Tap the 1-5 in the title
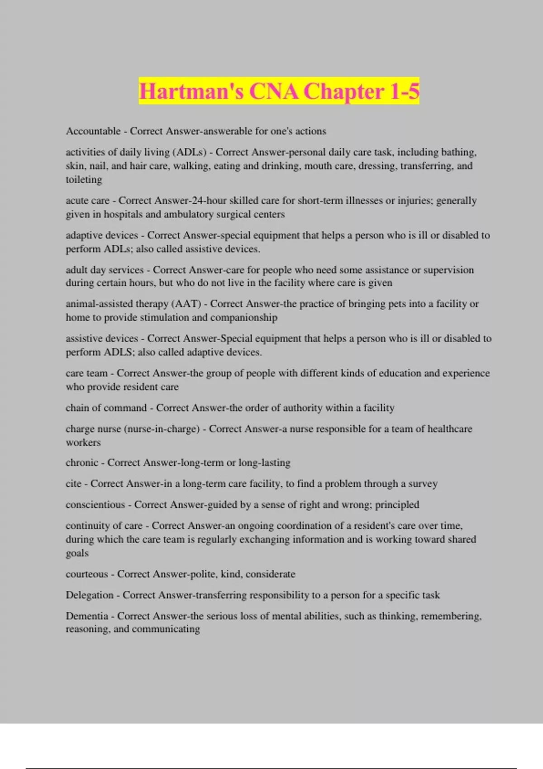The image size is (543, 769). pos(404,92)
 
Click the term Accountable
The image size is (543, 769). pos(93,131)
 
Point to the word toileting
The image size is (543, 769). pos(84,180)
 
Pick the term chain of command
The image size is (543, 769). pos(106,408)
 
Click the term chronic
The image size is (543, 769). pos(82,462)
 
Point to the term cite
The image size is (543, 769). pos(73,484)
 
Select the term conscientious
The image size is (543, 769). pos(95,504)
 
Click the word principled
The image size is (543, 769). pos(397,504)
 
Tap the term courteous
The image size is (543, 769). pos(87,574)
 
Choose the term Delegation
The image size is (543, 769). pos(90,595)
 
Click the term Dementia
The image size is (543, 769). pos(87,616)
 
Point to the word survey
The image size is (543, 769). pos(423,484)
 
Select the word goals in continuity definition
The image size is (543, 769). pos(77,553)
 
